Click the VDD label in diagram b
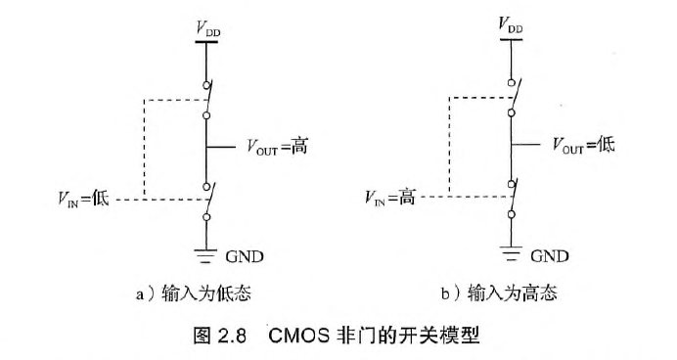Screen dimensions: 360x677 point(510,24)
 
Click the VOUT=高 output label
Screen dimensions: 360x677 point(285,148)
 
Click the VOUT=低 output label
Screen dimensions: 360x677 point(584,145)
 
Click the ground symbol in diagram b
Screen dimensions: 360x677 point(510,252)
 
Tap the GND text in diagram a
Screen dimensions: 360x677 point(245,256)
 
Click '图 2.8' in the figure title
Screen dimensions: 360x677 point(226,332)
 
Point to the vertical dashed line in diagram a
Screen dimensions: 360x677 point(145,147)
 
